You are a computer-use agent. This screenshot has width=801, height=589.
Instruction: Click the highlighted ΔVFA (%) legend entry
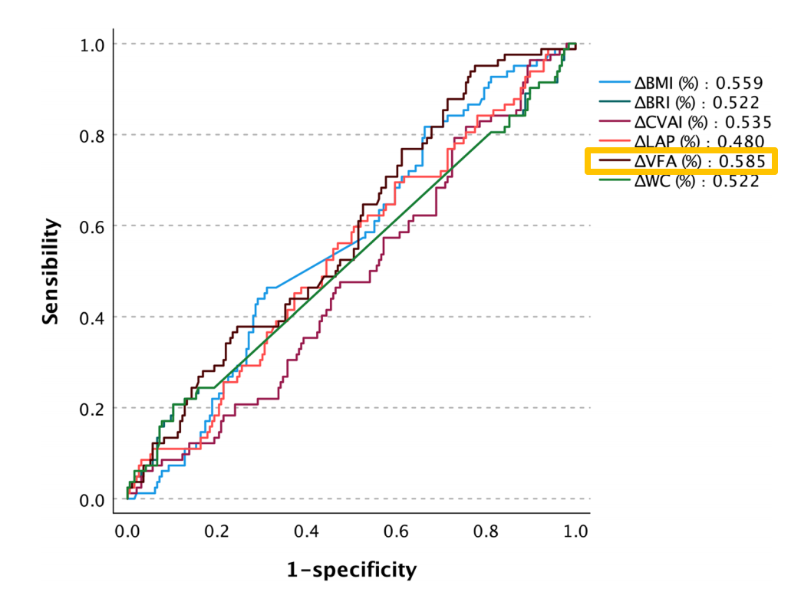tap(682, 161)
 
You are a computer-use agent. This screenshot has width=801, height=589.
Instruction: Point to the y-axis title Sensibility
tap(51, 271)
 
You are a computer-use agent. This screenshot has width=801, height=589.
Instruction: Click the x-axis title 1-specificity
tap(352, 570)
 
